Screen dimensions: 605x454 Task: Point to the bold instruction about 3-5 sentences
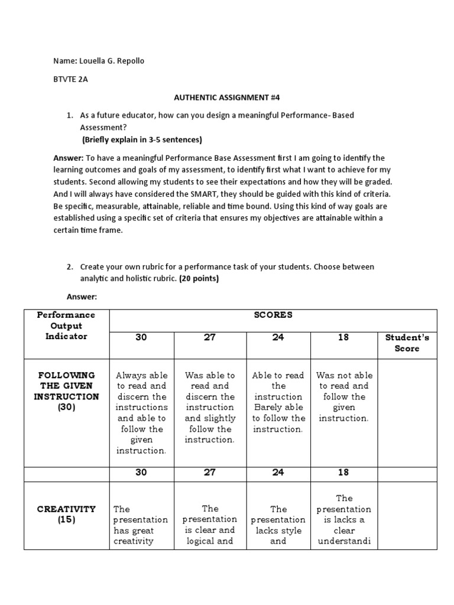click(142, 140)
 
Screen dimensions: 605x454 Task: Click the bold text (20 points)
click(199, 278)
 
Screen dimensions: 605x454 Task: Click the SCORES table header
click(273, 315)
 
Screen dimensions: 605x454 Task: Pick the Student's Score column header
click(407, 343)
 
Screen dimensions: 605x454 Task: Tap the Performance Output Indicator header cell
click(67, 326)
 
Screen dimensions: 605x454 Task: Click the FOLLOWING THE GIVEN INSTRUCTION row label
click(67, 391)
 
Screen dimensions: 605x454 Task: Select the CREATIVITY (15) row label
click(67, 514)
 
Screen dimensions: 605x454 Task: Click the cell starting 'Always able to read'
click(142, 412)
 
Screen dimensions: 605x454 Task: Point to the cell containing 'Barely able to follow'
click(278, 402)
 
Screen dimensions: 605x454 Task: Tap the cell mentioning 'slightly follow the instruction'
click(209, 407)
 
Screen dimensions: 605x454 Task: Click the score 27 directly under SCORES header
click(209, 337)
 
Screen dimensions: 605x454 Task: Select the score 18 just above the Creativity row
click(343, 473)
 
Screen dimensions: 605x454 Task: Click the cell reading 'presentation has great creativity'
click(141, 525)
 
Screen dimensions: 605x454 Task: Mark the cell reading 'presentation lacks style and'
click(278, 525)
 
